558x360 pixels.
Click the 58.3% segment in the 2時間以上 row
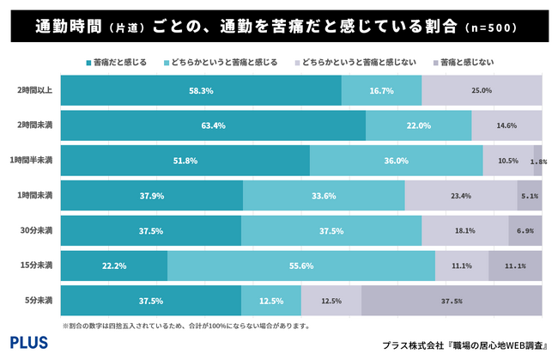201,90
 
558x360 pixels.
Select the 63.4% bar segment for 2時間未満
213,125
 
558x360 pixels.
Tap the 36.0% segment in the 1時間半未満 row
396,161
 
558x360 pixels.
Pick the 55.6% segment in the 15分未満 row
300,265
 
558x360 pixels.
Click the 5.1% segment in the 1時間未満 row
529,196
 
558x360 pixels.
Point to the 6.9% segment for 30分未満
525,231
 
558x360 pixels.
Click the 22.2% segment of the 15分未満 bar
114,265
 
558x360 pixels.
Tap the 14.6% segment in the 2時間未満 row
506,125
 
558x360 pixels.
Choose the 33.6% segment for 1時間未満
324,196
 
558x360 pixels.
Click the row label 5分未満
39,300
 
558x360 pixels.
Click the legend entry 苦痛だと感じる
118,63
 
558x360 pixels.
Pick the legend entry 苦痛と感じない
468,63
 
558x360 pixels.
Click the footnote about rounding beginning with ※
185,326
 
